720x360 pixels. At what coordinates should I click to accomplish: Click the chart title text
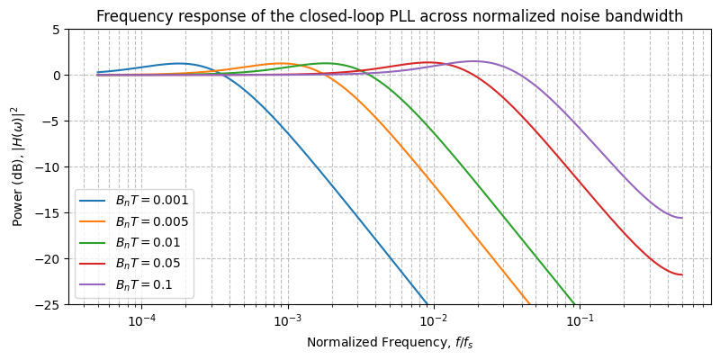click(390, 16)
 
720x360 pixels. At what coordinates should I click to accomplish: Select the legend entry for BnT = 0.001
click(151, 199)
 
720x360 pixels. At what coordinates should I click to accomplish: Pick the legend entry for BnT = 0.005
click(151, 220)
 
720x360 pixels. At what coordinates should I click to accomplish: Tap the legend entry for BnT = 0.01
click(148, 242)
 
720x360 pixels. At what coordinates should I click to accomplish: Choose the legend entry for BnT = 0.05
click(148, 263)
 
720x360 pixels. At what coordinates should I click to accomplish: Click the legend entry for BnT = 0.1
click(144, 284)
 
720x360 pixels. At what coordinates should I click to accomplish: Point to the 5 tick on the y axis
click(56, 30)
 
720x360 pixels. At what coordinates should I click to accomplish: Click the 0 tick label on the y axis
click(56, 76)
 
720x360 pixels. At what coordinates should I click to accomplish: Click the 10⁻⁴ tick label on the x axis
click(141, 321)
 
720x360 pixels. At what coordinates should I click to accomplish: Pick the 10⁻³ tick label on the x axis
click(287, 321)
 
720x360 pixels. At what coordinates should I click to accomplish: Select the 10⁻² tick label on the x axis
click(434, 321)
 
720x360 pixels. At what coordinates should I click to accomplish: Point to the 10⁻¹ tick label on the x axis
click(580, 321)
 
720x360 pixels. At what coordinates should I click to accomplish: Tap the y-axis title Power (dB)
click(18, 166)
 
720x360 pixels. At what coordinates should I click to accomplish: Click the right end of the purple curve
click(682, 218)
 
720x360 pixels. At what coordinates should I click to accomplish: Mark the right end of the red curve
click(682, 274)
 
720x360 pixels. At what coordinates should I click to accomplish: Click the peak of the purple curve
click(474, 61)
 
